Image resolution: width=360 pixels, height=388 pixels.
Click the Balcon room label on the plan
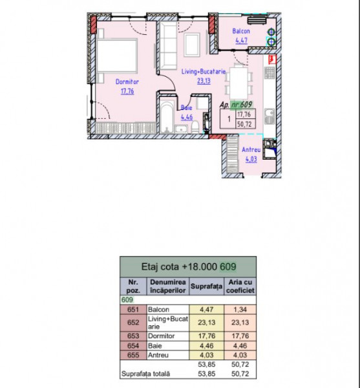[x=241, y=31]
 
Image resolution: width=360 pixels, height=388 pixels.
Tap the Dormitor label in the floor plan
[x=127, y=81]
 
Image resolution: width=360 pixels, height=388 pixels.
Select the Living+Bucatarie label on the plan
[x=204, y=72]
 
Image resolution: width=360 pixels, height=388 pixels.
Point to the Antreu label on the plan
[x=251, y=150]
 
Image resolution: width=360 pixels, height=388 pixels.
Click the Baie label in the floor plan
[x=186, y=107]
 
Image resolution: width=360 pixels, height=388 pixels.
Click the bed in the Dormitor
[x=117, y=56]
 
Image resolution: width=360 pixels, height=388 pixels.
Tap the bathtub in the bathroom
[x=167, y=117]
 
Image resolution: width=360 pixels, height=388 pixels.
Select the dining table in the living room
[x=238, y=83]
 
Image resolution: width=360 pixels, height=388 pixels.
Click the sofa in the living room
[x=168, y=45]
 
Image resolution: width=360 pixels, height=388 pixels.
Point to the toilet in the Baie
[x=195, y=127]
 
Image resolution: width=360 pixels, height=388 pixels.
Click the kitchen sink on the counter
[x=270, y=116]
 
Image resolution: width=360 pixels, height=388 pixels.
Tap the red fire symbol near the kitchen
[x=273, y=59]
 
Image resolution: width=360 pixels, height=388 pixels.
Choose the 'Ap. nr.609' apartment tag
[x=236, y=105]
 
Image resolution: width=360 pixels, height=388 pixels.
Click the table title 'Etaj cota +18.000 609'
[x=189, y=266]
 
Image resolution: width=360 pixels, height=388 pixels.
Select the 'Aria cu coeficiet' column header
[x=240, y=286]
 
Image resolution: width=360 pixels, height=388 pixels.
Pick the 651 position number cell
[x=133, y=310]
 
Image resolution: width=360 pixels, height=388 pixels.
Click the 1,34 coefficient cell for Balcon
[x=240, y=310]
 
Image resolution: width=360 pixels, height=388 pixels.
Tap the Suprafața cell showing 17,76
[x=206, y=336]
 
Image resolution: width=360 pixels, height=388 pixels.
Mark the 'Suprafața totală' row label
[x=145, y=374]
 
